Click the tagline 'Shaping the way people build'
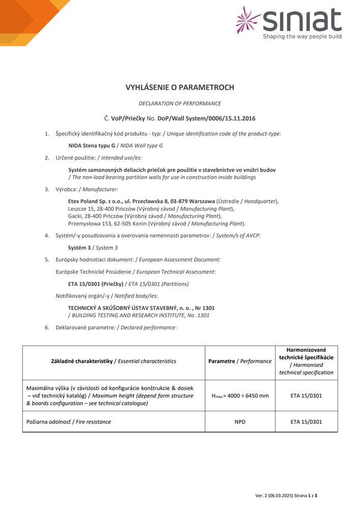pos(302,37)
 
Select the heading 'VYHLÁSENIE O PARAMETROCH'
pos(180,88)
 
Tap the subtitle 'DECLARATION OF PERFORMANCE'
pos(180,103)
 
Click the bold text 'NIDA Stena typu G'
pos(92,146)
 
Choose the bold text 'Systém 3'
pos(79,248)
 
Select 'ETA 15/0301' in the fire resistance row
pos(306,422)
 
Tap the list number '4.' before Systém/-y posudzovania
pos(47,236)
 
